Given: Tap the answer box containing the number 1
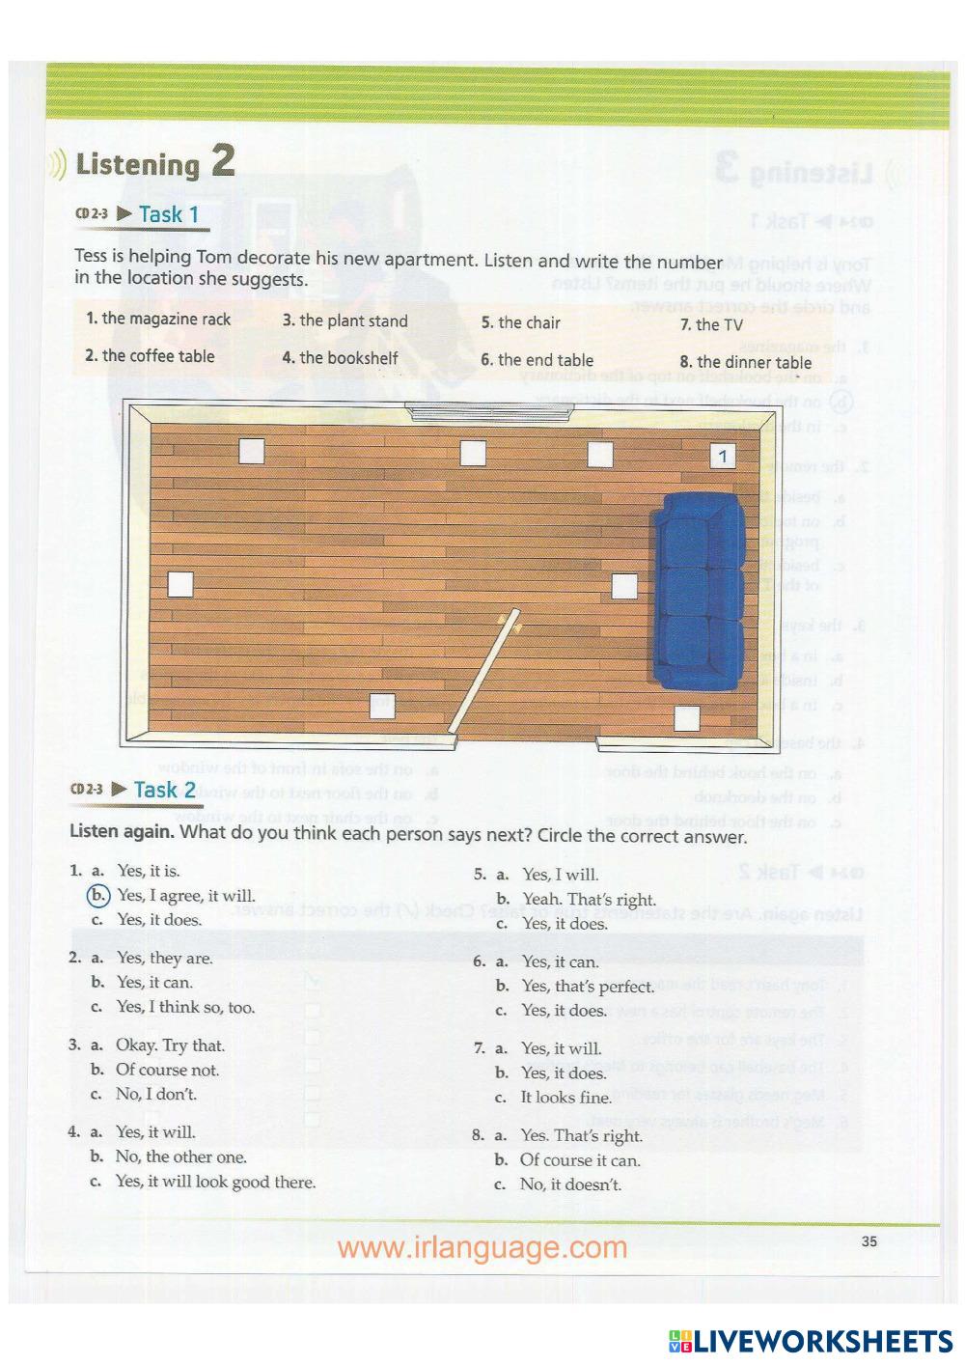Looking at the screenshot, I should tap(723, 457).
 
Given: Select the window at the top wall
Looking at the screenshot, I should tap(491, 412).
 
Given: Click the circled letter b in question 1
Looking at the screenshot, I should tap(98, 896).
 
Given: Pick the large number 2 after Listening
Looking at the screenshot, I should tap(222, 160).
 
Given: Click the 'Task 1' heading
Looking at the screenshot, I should tap(169, 214).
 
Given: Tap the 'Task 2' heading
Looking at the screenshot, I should tap(165, 790).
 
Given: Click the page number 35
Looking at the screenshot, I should tap(869, 1241).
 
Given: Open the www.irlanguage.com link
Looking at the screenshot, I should tap(482, 1247).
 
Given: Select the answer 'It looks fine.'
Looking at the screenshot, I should tap(565, 1098).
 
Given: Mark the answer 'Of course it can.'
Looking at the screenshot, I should tap(580, 1159).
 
